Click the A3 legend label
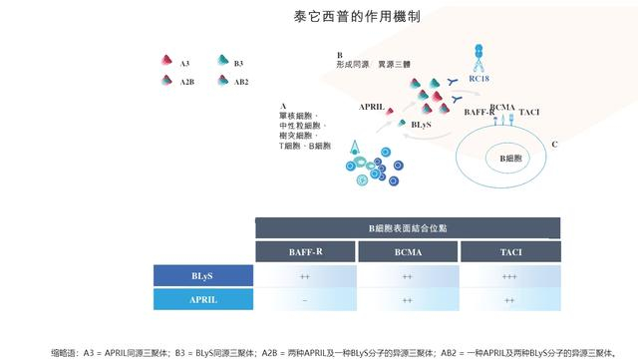pyautogui.click(x=185, y=64)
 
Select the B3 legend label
pyautogui.click(x=238, y=64)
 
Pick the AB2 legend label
pyautogui.click(x=240, y=81)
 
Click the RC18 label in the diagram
pyautogui.click(x=478, y=78)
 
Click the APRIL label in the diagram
pyautogui.click(x=372, y=106)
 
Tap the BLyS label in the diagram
pyautogui.click(x=421, y=125)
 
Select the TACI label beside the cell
pyautogui.click(x=529, y=112)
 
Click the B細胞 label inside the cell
pyautogui.click(x=510, y=158)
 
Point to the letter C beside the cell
pyautogui.click(x=554, y=145)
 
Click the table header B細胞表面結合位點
pyautogui.click(x=407, y=227)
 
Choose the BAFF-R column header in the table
pyautogui.click(x=305, y=252)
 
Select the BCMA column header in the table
pyautogui.click(x=407, y=252)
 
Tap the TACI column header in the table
pyautogui.click(x=510, y=252)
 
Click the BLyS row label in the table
pyautogui.click(x=202, y=275)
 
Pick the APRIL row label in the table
pyautogui.click(x=202, y=299)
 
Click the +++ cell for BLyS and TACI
pyautogui.click(x=510, y=275)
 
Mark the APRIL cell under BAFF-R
pyautogui.click(x=305, y=299)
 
